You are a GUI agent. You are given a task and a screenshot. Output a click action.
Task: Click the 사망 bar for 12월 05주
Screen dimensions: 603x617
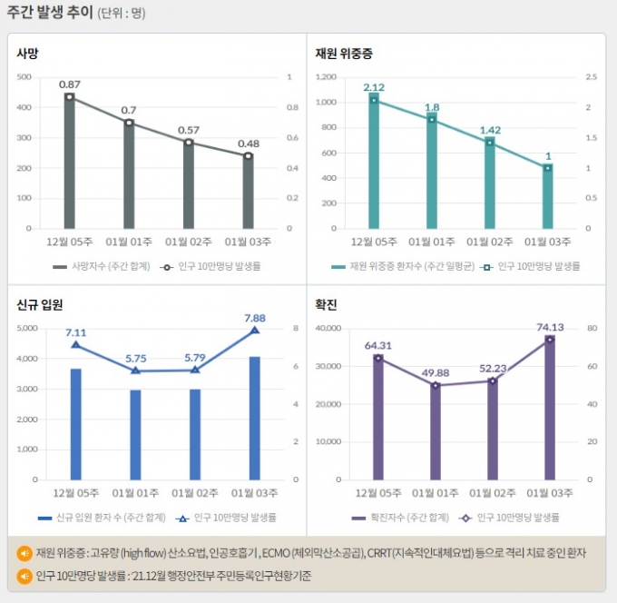pyautogui.click(x=69, y=163)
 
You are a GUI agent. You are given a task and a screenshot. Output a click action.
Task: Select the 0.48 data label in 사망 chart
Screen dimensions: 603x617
pyautogui.click(x=248, y=143)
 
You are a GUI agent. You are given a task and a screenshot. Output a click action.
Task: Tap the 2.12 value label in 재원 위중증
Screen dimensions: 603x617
pyautogui.click(x=374, y=87)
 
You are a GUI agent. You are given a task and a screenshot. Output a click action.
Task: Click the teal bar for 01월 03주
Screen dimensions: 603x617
pyautogui.click(x=548, y=197)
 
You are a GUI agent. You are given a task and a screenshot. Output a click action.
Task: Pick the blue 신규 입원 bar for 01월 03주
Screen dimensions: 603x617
pyautogui.click(x=254, y=418)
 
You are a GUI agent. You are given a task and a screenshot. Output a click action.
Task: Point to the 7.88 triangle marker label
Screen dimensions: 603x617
pyautogui.click(x=254, y=318)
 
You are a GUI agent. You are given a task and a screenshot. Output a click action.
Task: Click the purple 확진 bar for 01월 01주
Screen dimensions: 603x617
pyautogui.click(x=436, y=432)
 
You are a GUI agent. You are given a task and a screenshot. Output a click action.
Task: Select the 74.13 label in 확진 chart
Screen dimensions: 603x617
pyautogui.click(x=550, y=327)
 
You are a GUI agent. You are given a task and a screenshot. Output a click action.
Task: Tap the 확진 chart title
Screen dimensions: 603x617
pyautogui.click(x=327, y=304)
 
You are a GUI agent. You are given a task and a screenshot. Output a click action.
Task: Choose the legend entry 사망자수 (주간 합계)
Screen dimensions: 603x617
pyautogui.click(x=96, y=267)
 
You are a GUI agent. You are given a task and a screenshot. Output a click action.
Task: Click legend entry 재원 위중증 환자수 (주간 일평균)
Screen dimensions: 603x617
pyautogui.click(x=404, y=267)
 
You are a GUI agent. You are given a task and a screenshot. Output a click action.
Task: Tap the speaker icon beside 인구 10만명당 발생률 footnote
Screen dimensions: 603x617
pyautogui.click(x=24, y=576)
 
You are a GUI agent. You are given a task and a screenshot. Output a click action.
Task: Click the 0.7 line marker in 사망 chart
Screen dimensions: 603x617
pyautogui.click(x=129, y=123)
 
